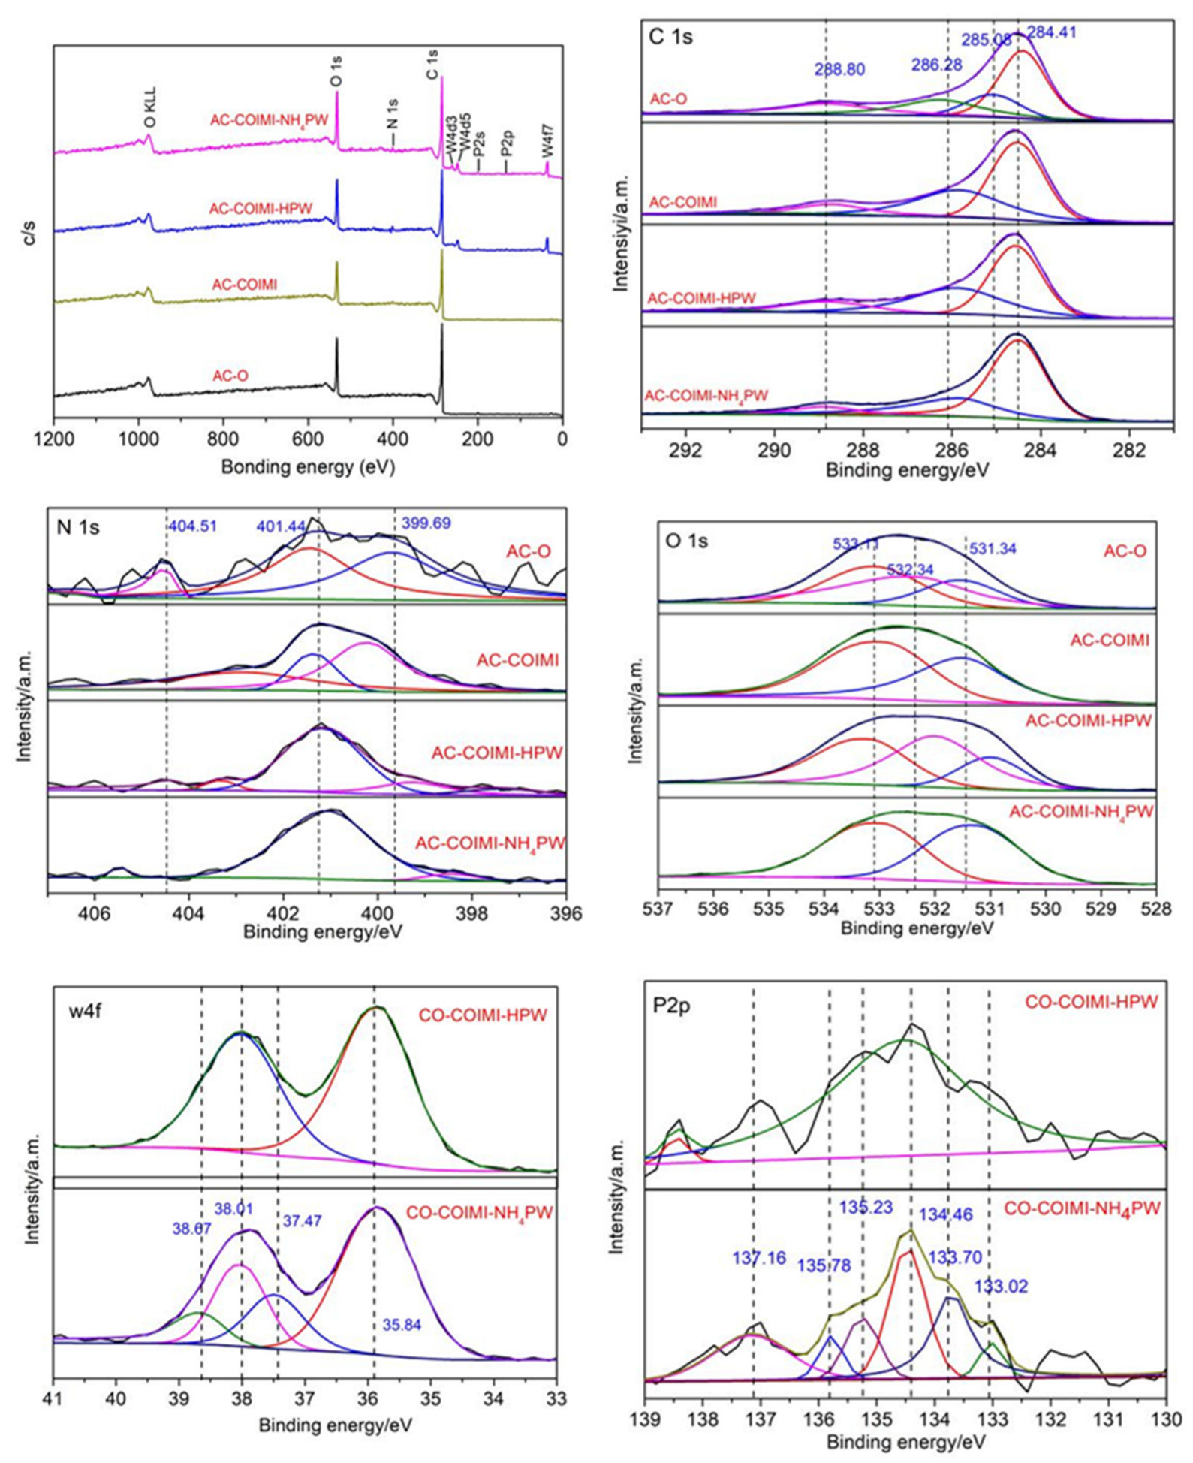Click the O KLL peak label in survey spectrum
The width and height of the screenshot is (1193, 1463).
click(149, 110)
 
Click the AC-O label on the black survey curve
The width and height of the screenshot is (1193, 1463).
click(230, 376)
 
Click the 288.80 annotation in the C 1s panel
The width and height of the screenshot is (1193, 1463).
click(839, 70)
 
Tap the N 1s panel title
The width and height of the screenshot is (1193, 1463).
click(78, 527)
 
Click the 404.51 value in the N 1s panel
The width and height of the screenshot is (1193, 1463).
click(192, 526)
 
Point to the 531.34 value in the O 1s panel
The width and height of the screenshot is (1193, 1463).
click(992, 549)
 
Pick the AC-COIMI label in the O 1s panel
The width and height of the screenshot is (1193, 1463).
click(1110, 641)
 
